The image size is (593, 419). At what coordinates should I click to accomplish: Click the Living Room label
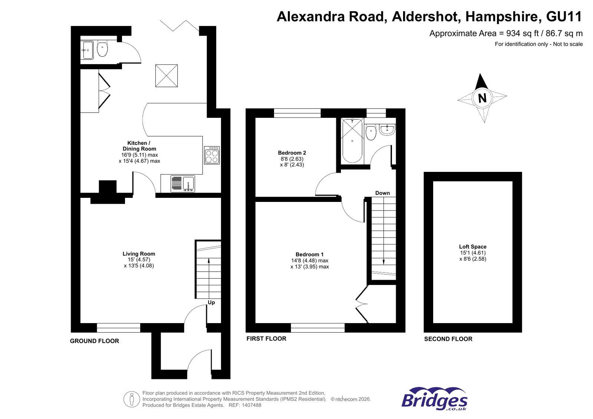pos(139,254)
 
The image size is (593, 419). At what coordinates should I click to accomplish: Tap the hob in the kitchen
pos(212,156)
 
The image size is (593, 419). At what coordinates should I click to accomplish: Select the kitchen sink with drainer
pos(182,184)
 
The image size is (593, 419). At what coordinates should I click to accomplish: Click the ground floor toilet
pos(102,49)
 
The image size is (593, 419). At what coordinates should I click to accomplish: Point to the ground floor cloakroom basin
pos(88,50)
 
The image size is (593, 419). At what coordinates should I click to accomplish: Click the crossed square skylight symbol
pos(167,76)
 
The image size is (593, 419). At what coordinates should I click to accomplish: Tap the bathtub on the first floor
pos(352,141)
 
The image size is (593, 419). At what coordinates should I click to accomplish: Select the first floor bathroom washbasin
pos(387,130)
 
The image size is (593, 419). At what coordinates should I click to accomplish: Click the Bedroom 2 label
pos(292,153)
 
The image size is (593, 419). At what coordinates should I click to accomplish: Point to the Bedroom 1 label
pos(309,255)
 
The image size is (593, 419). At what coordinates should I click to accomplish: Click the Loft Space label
pos(472,247)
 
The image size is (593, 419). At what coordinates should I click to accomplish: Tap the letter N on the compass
pos(482,98)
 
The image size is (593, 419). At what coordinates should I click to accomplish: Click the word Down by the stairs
pos(382,193)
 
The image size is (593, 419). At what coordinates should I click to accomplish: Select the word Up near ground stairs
pos(211,302)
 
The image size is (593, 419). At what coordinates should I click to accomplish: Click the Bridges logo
pos(434,399)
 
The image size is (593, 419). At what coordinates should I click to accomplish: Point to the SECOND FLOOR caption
pos(448,339)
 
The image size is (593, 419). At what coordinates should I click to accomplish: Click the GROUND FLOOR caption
pos(95,341)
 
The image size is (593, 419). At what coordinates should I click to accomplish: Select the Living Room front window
pos(119,327)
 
